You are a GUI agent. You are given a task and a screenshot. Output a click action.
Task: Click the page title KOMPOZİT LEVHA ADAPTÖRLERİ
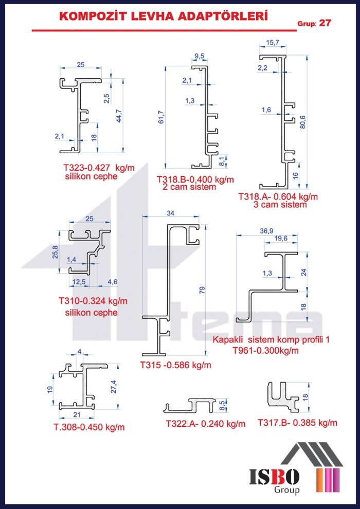(164, 17)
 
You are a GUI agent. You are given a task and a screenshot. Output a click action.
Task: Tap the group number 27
(325, 23)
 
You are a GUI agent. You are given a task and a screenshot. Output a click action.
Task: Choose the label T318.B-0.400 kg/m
(195, 179)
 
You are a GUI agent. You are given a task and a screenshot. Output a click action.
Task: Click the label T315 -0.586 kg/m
(175, 366)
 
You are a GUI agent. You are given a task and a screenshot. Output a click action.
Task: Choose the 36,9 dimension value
(266, 231)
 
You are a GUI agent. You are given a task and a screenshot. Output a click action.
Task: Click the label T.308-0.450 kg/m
(89, 427)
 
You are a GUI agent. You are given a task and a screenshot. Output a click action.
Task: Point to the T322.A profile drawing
(189, 405)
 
